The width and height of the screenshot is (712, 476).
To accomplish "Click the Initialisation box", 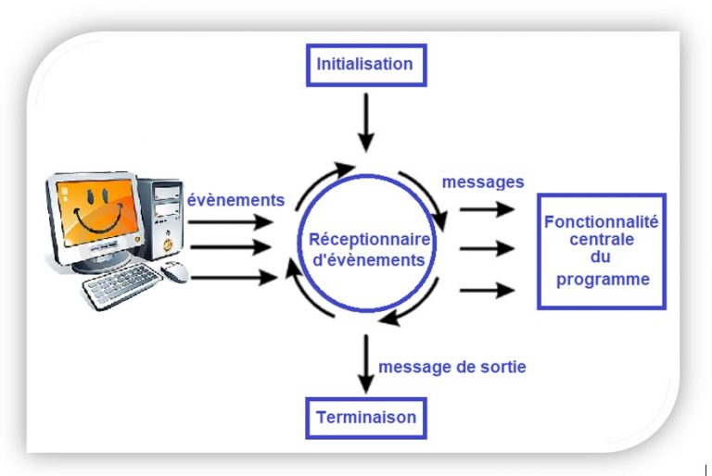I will (x=364, y=65).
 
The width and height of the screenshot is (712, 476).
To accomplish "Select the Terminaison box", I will (x=366, y=417).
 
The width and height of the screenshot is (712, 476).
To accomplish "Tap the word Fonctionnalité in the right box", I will (x=601, y=222).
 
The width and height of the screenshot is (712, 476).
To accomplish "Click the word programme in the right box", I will (x=602, y=279).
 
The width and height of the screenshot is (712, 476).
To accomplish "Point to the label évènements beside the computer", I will (x=235, y=200).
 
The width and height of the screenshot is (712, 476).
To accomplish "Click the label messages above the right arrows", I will (x=482, y=182).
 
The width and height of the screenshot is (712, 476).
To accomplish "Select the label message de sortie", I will (x=452, y=367).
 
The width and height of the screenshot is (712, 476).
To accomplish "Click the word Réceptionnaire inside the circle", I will (x=366, y=241).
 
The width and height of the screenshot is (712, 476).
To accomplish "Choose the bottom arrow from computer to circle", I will (x=232, y=276).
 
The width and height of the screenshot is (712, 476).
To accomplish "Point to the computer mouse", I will (x=174, y=270).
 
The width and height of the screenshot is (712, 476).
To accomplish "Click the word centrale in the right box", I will (x=601, y=241).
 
